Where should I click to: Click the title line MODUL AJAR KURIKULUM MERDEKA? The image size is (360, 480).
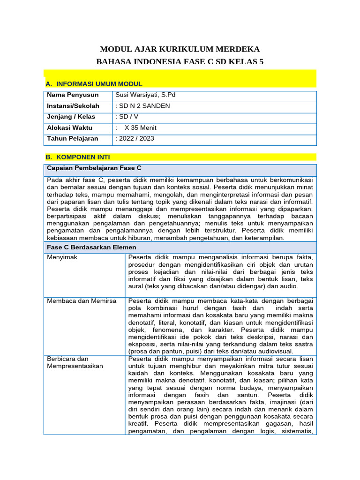click(180, 49)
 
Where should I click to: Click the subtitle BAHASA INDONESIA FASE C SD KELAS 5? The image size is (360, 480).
click(180, 62)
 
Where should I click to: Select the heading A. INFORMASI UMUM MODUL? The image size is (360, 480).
click(94, 84)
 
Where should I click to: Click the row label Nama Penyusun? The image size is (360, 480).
click(73, 95)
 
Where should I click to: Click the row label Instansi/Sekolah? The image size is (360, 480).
click(73, 106)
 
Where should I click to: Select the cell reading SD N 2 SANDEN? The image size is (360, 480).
click(143, 106)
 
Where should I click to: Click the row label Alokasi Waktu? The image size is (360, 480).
click(70, 127)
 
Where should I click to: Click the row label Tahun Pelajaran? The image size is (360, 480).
click(73, 138)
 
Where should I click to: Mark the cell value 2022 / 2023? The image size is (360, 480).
click(135, 138)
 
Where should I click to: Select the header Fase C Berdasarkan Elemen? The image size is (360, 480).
click(91, 247)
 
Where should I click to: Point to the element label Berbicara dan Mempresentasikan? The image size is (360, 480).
click(75, 362)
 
